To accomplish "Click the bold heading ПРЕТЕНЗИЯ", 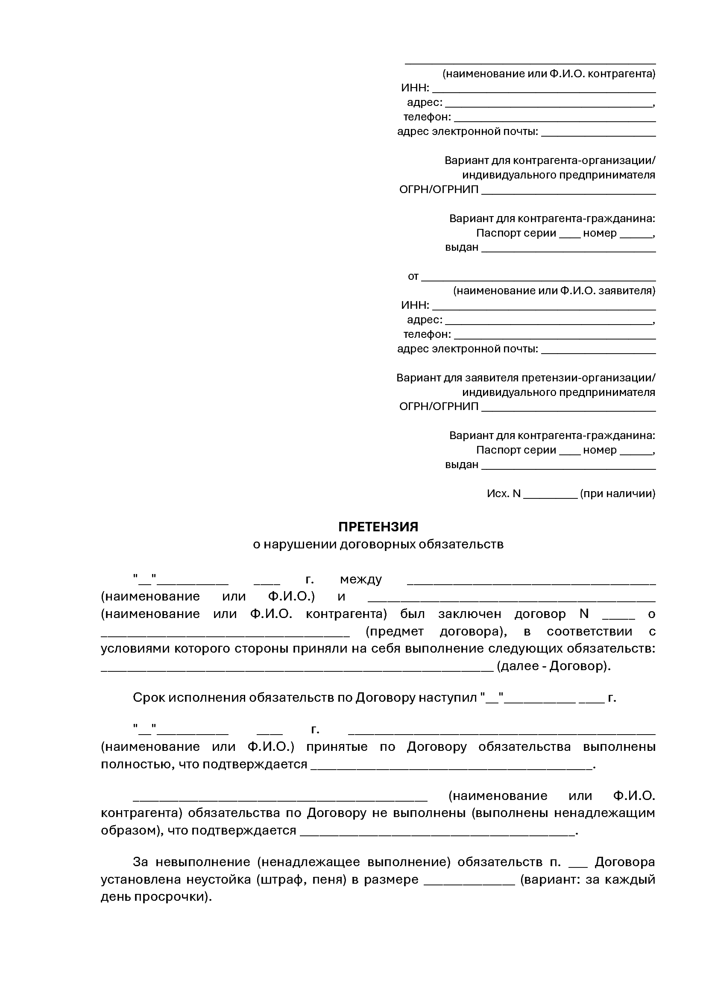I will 378,527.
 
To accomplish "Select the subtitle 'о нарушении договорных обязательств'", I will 378,544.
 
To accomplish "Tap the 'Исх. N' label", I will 503,494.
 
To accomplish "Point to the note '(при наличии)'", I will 617,494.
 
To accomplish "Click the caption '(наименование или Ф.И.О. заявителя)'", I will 554,291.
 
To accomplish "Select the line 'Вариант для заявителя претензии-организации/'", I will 525,378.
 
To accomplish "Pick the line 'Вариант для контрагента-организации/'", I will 549,161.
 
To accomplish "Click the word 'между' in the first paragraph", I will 360,580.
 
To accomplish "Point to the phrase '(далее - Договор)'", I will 554,666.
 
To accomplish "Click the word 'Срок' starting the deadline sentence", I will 149,698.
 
